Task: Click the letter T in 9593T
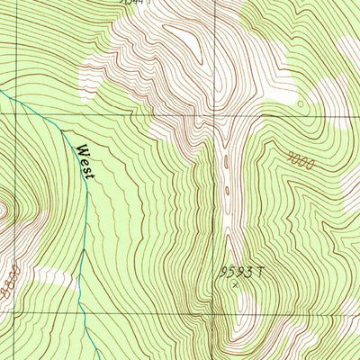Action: tap(254, 271)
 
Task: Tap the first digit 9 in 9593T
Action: tap(222, 271)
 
